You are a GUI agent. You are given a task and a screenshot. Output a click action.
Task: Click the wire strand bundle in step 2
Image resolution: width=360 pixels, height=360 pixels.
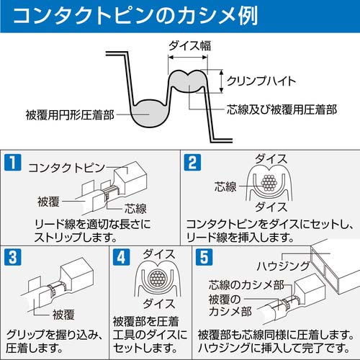[x=271, y=184]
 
